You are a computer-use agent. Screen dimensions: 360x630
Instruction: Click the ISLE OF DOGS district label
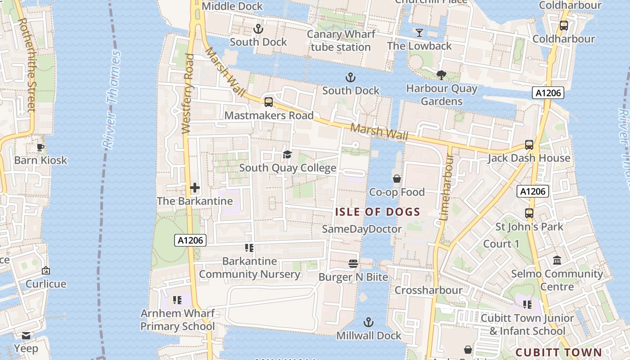[378, 212]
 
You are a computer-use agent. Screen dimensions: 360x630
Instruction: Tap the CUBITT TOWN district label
[558, 352]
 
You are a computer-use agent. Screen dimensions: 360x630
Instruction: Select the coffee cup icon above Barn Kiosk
[40, 147]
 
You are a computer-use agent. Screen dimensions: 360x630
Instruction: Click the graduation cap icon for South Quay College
[287, 155]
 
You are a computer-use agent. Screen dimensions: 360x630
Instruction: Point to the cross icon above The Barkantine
[195, 188]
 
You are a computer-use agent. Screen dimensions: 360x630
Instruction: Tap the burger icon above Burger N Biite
[353, 263]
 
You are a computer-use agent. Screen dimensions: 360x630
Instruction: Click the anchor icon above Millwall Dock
[369, 322]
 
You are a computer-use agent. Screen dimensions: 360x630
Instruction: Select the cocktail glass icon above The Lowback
[419, 33]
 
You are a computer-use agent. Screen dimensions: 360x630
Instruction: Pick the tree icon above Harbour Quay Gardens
[441, 75]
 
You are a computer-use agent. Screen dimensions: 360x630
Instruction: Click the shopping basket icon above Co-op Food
[397, 179]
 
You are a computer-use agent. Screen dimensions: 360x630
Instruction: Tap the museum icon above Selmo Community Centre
[557, 261]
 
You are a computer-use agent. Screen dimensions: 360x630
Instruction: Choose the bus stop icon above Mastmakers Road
[269, 102]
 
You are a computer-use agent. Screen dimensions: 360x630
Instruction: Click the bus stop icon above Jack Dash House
[529, 145]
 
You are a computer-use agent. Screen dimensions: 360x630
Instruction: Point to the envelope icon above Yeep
[26, 335]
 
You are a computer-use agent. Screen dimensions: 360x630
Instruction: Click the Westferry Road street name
[188, 94]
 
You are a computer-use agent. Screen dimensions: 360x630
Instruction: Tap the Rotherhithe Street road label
[28, 65]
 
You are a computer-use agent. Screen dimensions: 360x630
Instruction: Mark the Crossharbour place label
[428, 290]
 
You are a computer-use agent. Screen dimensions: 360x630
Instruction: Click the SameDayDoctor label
[362, 229]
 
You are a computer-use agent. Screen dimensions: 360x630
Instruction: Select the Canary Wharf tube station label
[341, 40]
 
